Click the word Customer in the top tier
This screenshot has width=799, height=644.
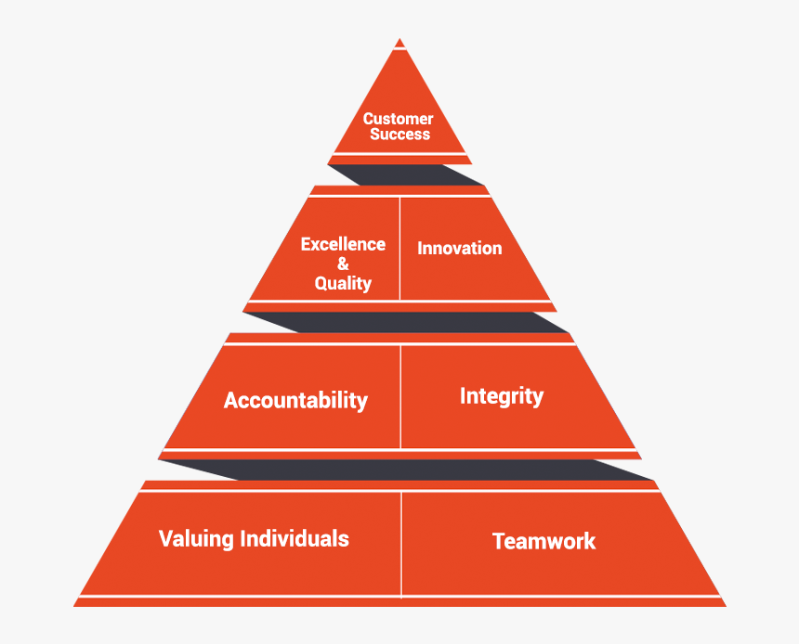[398, 119]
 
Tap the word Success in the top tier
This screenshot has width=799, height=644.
[400, 134]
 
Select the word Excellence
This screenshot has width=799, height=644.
[343, 244]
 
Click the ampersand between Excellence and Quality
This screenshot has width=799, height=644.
[343, 264]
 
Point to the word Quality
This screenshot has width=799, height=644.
[343, 283]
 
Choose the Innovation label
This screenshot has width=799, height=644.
[460, 248]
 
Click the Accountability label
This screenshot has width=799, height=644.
[295, 401]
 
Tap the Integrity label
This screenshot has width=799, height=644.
[502, 396]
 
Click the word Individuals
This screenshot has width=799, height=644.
[295, 538]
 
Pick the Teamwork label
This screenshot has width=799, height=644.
[544, 541]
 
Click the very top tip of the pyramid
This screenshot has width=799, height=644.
[400, 39]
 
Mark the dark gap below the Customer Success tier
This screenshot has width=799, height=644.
[406, 174]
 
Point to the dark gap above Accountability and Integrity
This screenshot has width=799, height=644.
[406, 322]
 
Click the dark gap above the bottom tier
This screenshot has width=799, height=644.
[406, 470]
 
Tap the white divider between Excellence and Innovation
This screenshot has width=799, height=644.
[400, 249]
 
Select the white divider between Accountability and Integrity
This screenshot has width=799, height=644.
[401, 396]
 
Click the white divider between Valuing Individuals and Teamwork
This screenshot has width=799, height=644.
[401, 545]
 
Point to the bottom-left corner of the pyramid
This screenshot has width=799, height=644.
[74, 606]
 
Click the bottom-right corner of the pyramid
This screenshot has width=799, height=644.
[727, 606]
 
